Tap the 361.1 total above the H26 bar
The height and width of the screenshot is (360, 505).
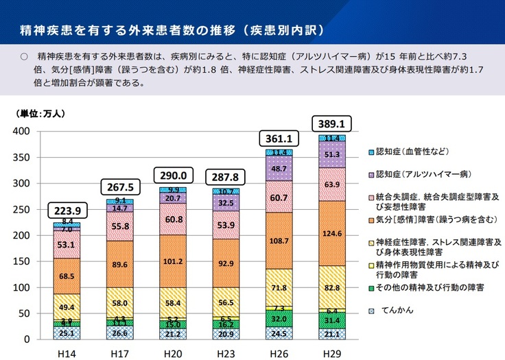click(279, 139)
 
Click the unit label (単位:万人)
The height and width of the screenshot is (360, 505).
click(40, 113)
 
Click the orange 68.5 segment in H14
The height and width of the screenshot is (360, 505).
click(67, 276)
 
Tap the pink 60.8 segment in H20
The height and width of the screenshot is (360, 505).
click(173, 219)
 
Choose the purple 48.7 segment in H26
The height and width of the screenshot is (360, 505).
click(279, 168)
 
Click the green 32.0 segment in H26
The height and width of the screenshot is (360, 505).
click(279, 319)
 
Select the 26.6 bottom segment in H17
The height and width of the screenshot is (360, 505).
click(120, 333)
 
